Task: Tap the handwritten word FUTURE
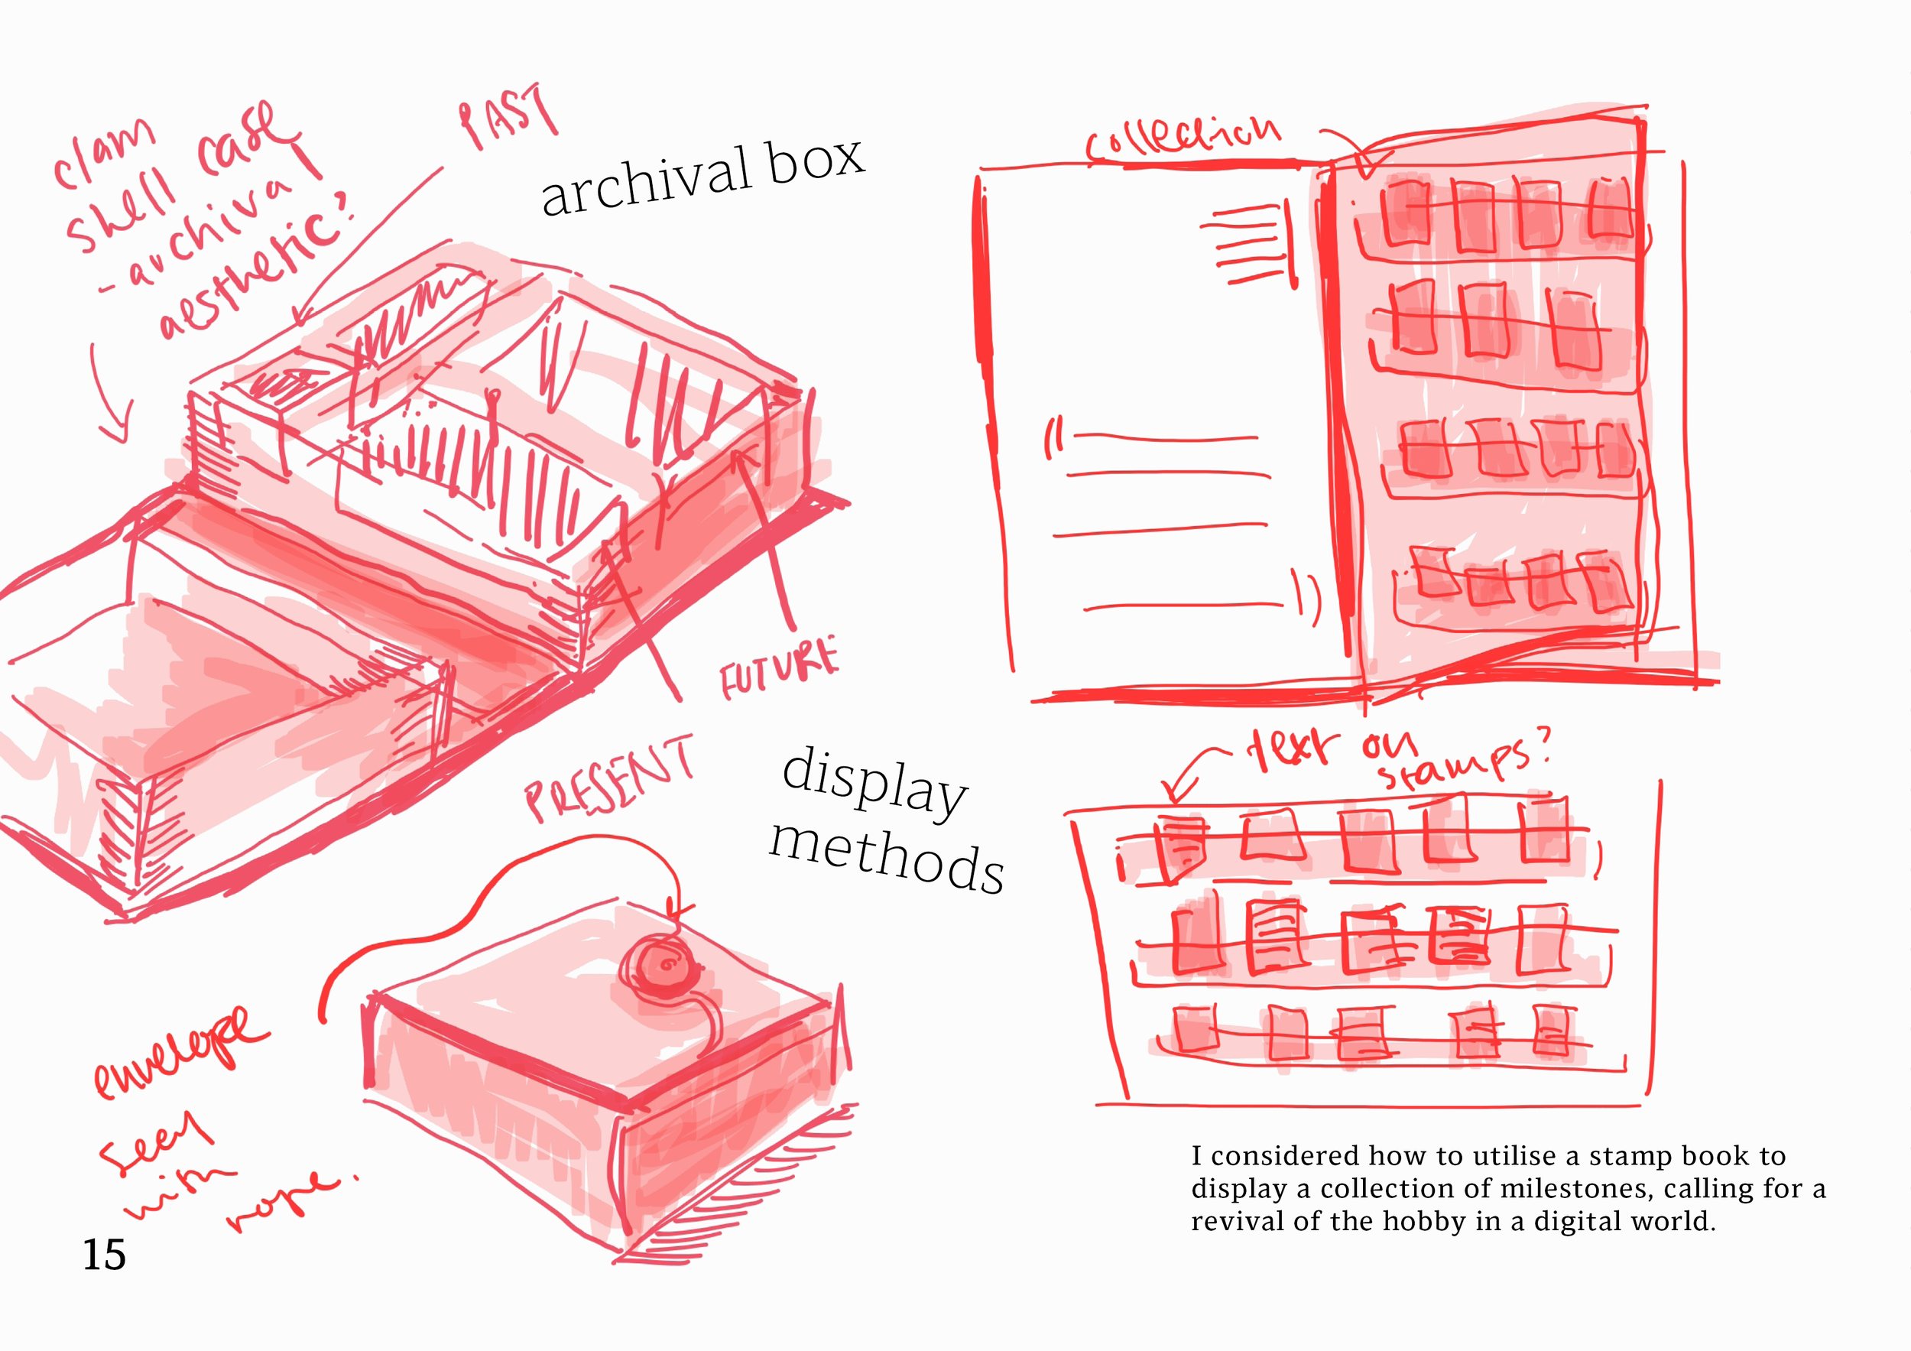point(778,668)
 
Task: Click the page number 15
point(104,1254)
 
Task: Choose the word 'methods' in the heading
point(887,857)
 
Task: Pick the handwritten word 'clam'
point(104,154)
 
